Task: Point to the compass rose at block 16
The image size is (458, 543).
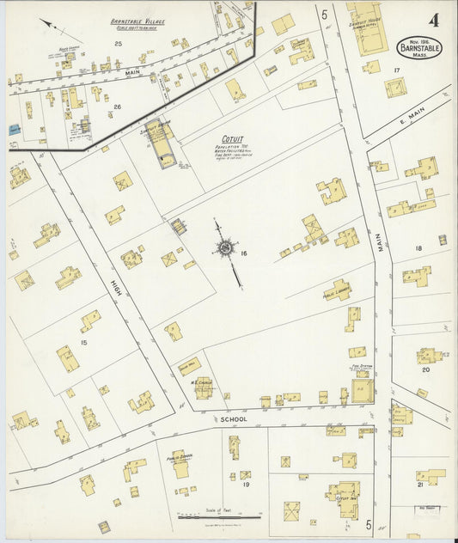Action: (227, 248)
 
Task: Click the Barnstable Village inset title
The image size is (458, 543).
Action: (137, 21)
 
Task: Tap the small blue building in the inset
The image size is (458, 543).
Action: (15, 129)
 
